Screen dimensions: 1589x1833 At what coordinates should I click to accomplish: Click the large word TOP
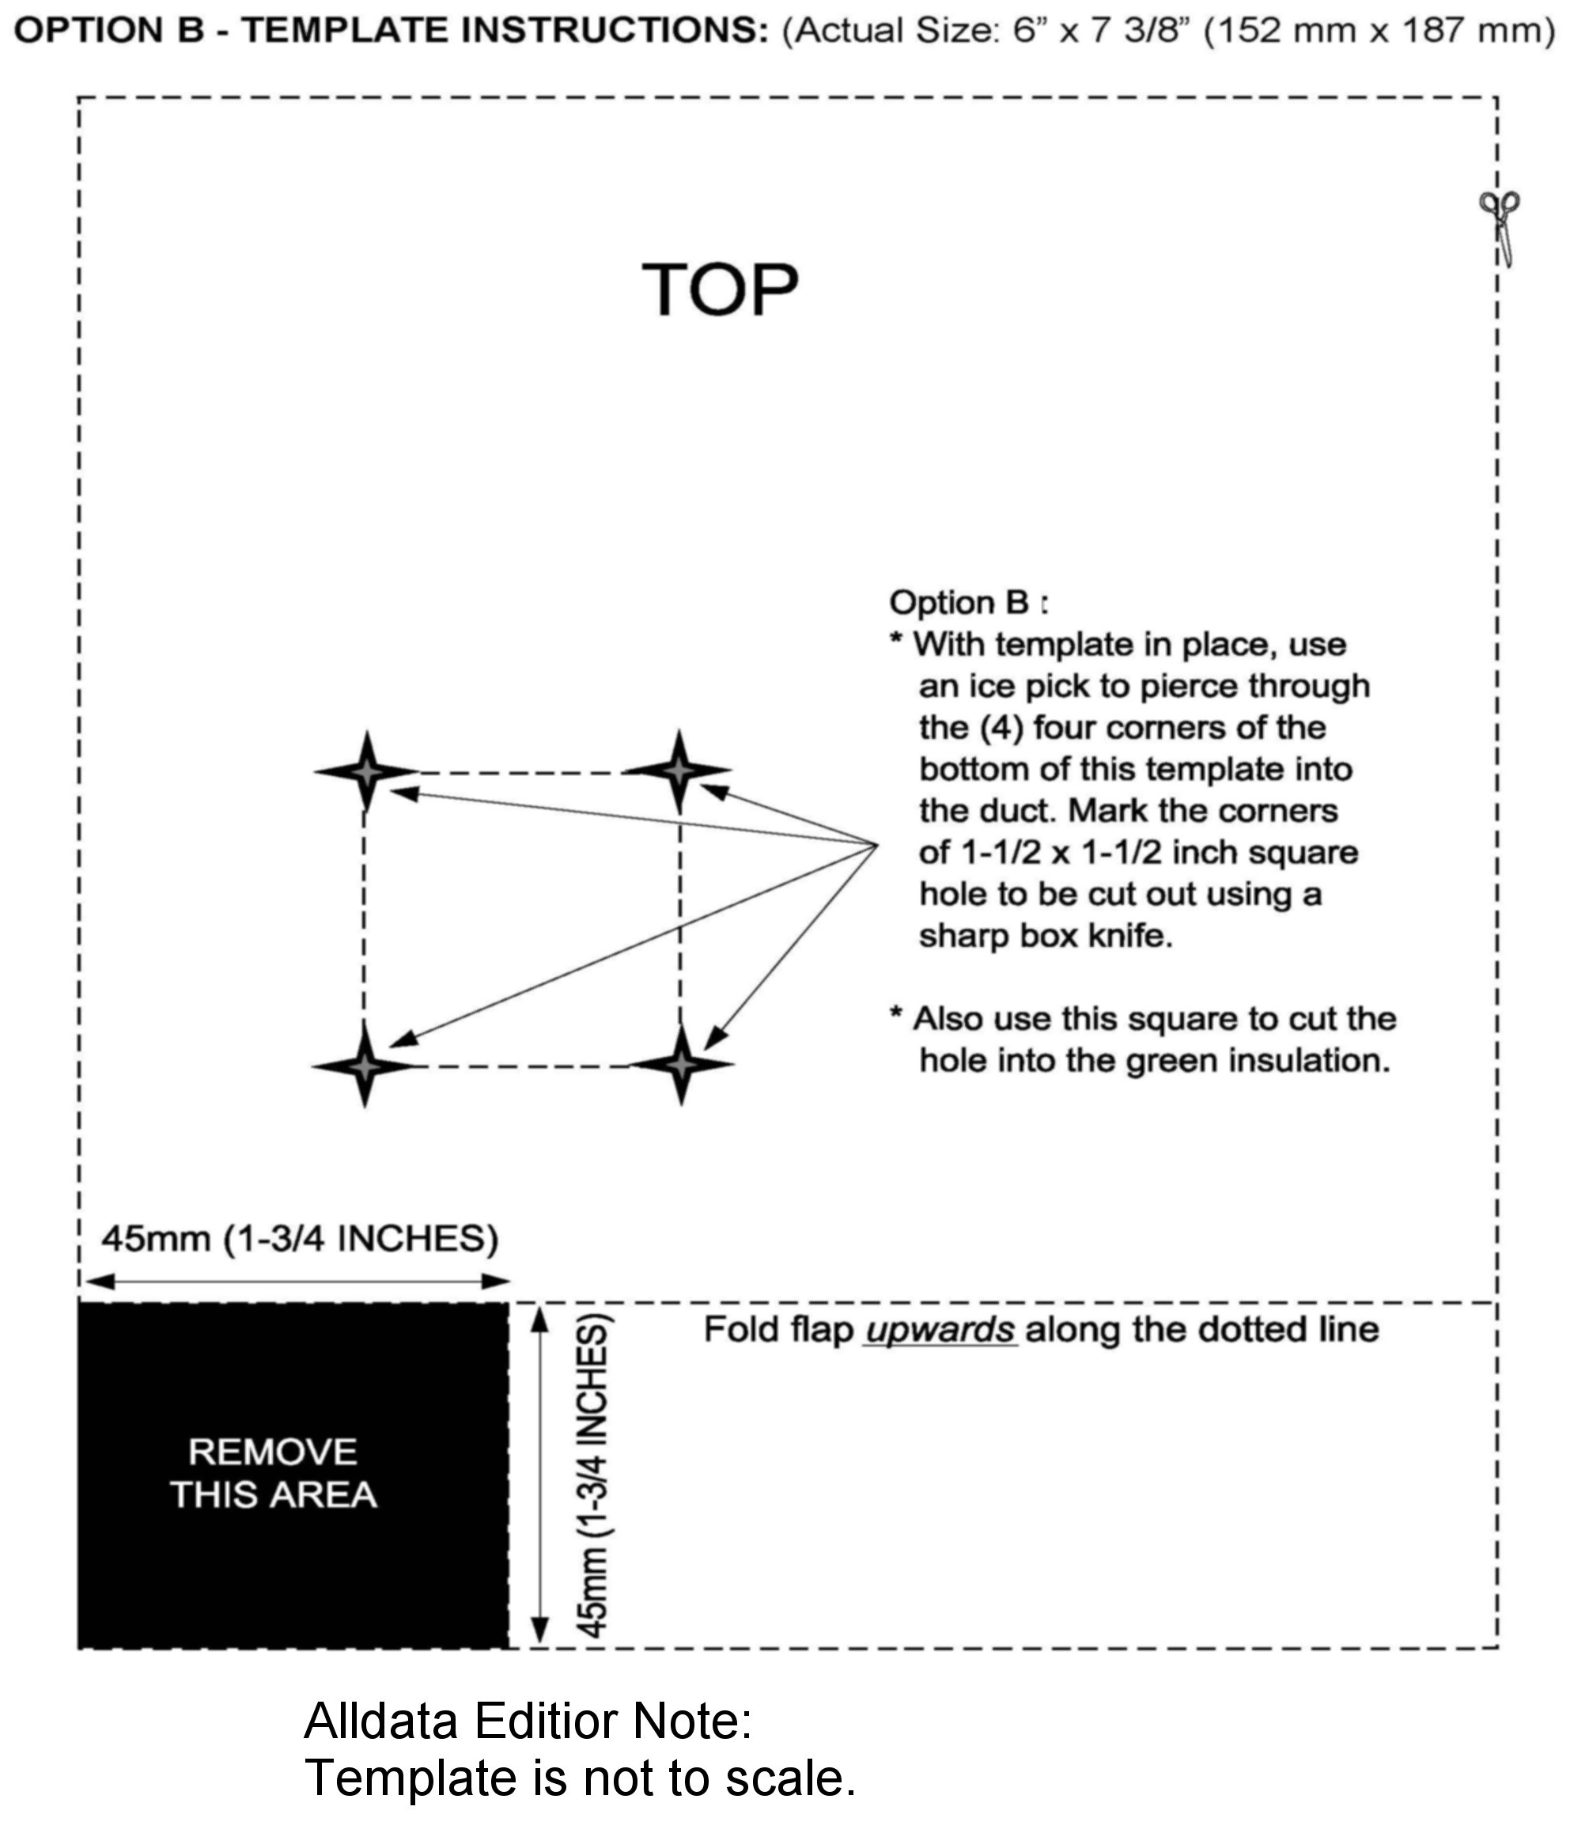point(720,290)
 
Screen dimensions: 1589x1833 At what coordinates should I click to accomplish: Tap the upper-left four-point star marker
point(366,771)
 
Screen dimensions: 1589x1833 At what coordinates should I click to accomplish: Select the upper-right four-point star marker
point(679,771)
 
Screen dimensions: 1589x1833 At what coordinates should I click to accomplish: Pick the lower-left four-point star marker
point(365,1065)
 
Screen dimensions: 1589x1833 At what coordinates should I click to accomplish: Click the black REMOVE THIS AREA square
point(293,1475)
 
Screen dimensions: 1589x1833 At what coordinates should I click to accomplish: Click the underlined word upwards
point(940,1329)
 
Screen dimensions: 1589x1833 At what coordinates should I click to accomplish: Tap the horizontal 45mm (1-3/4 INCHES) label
point(300,1237)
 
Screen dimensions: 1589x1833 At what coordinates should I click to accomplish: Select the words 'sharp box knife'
point(1046,936)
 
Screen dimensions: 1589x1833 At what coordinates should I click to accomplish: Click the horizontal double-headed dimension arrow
point(298,1281)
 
